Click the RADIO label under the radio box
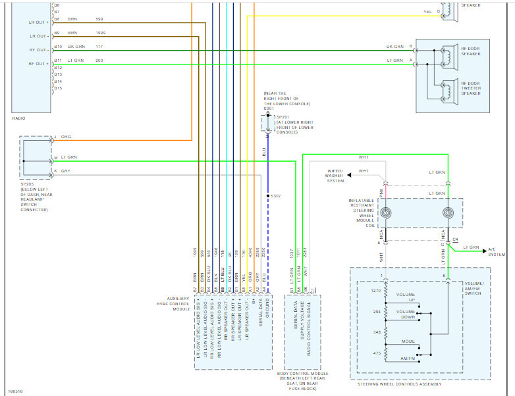click(x=18, y=118)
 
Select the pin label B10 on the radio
click(x=58, y=47)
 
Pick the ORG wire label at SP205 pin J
click(x=66, y=136)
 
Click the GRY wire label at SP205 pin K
click(x=65, y=171)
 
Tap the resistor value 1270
click(x=376, y=290)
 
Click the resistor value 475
click(x=377, y=353)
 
